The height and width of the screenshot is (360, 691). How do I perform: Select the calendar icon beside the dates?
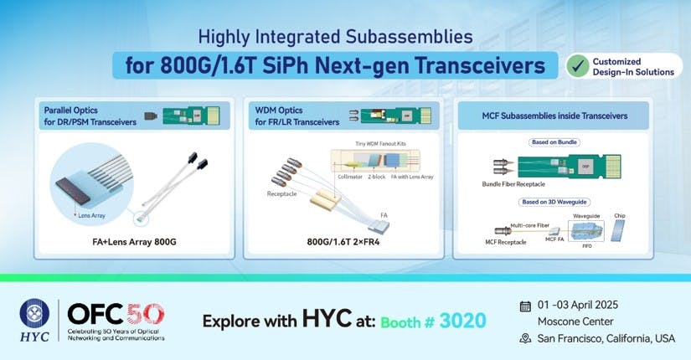525,306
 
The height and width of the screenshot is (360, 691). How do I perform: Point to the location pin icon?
525,338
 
